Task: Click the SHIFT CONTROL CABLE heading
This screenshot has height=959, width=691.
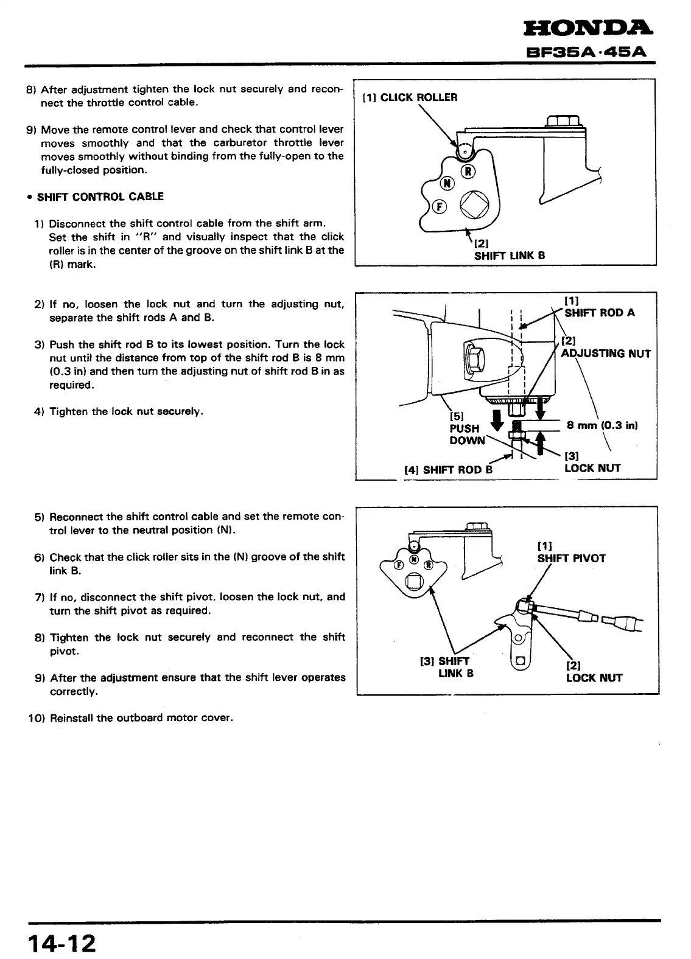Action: click(100, 197)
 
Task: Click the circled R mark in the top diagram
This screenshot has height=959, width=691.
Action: click(468, 171)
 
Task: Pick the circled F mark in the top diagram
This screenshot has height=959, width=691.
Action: click(438, 207)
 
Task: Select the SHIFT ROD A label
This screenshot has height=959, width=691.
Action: click(599, 313)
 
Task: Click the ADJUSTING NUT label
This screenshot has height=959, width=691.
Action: click(606, 354)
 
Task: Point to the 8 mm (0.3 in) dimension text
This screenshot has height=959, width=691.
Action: click(602, 425)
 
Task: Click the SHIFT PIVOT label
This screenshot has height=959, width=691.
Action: click(571, 558)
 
